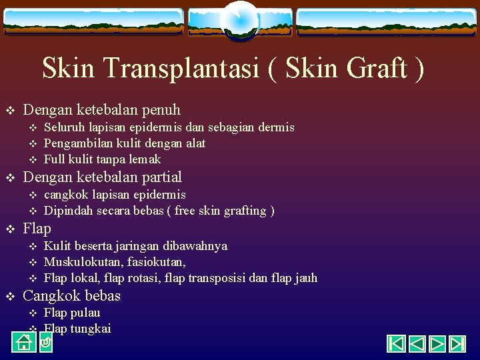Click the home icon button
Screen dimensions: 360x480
click(23, 343)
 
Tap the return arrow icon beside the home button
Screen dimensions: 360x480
click(45, 343)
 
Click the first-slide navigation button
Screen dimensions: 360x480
click(397, 344)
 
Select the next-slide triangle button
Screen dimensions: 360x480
click(437, 344)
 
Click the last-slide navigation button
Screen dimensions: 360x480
click(457, 344)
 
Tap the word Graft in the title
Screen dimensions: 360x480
click(375, 68)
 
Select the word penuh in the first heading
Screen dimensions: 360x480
click(161, 109)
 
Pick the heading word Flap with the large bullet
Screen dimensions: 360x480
click(37, 228)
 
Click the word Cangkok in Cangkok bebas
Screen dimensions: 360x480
click(52, 295)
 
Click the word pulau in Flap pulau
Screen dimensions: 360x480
click(86, 313)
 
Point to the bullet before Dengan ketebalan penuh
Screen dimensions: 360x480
click(10, 110)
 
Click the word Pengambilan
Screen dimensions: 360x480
click(79, 143)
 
